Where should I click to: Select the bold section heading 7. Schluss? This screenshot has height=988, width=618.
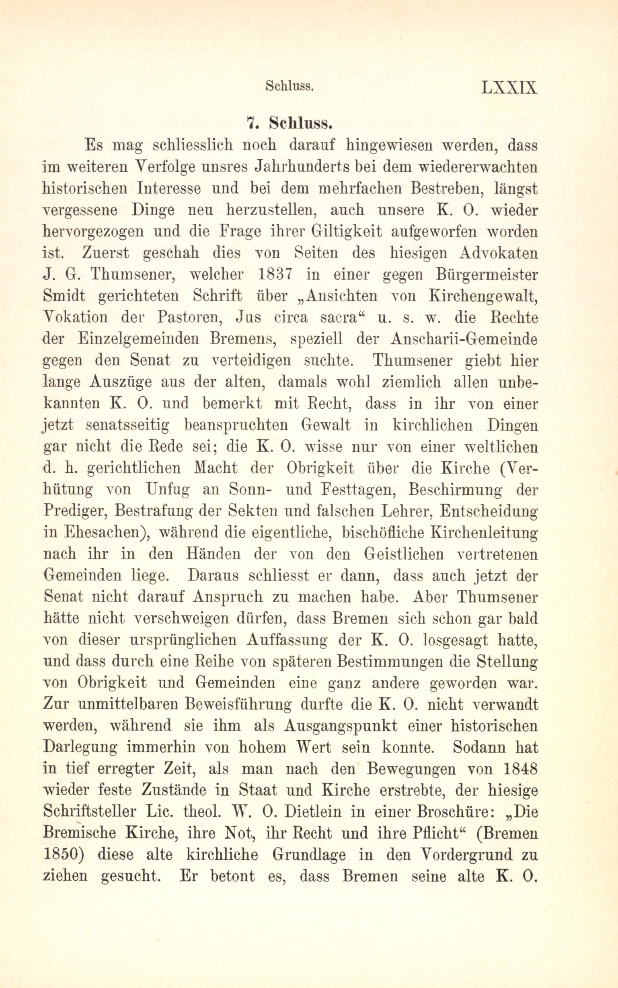(289, 123)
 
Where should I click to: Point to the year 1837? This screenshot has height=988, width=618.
(275, 274)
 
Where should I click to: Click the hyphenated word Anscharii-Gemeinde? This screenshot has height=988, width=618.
(464, 339)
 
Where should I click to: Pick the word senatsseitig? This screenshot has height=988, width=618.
(128, 425)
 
